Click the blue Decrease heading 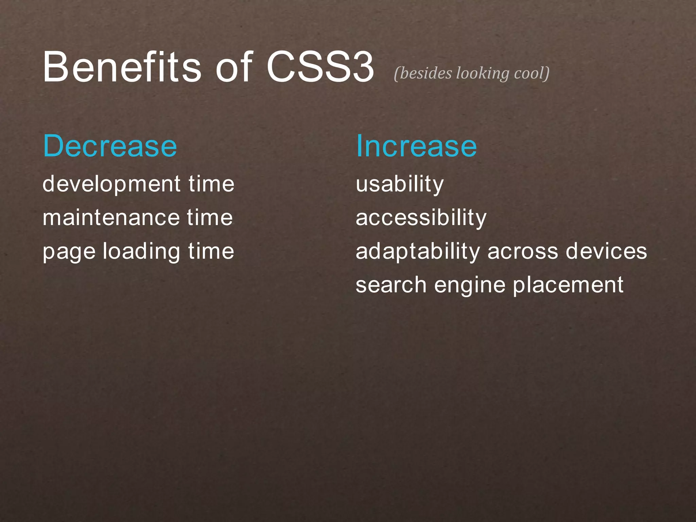point(110,146)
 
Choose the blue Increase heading point(416,146)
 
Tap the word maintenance point(111,218)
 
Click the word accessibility point(421,218)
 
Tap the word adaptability point(418,252)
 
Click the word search point(391,285)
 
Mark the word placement point(568,285)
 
